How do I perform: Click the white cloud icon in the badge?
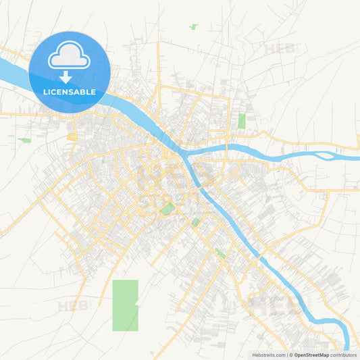click(x=70, y=56)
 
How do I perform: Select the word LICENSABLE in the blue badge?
click(x=70, y=92)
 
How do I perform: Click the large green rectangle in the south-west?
click(x=125, y=305)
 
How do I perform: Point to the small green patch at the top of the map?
click(x=194, y=27)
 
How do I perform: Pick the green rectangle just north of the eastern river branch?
click(x=241, y=121)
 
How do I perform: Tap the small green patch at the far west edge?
click(x=24, y=140)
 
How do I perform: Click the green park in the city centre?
click(x=167, y=209)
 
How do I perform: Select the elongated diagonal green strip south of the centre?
click(x=220, y=254)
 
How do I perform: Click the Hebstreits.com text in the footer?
click(x=268, y=355)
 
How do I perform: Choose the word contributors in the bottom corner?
click(x=342, y=355)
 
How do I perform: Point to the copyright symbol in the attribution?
click(x=291, y=355)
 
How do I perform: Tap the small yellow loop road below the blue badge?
click(x=72, y=137)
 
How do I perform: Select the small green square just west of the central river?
click(x=195, y=222)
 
